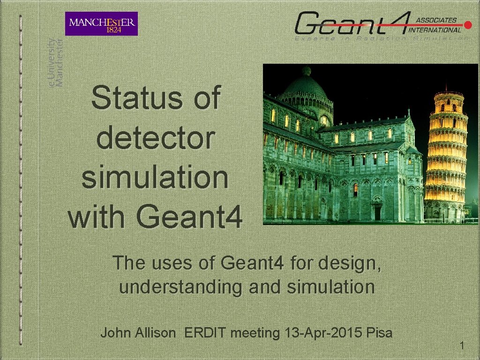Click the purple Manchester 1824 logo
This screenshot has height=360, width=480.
101,23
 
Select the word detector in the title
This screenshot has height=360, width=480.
156,138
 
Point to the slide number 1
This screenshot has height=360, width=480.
462,346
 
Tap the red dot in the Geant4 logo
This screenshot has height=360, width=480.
467,24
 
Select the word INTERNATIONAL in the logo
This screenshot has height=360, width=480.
435,30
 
